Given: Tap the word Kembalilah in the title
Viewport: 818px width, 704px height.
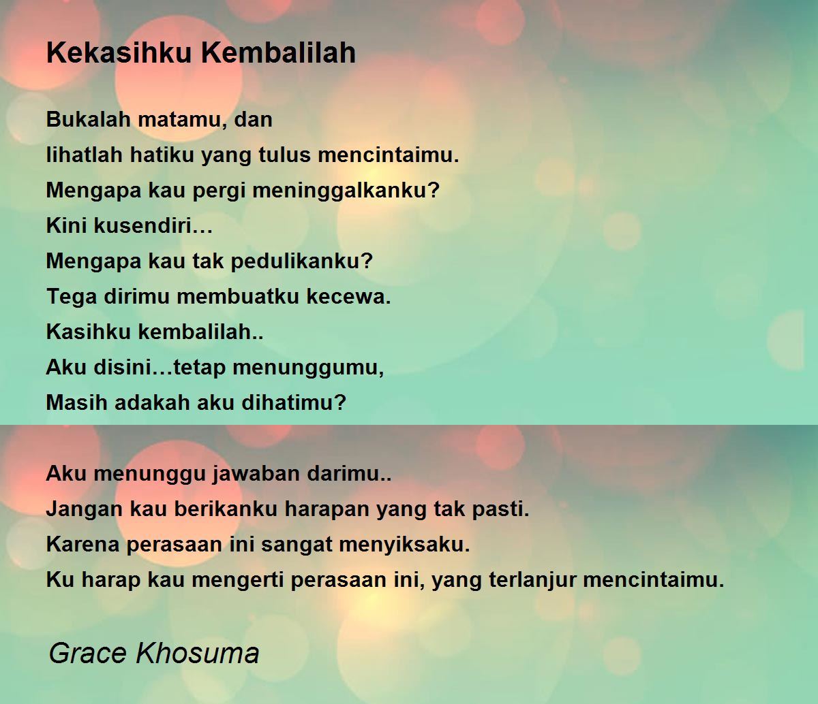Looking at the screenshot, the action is tap(279, 52).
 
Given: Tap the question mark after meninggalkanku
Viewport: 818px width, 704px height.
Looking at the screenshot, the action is tap(434, 190).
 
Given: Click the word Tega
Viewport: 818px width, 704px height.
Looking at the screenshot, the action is tap(72, 297).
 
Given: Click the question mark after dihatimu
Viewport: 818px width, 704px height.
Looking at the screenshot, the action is tap(340, 402).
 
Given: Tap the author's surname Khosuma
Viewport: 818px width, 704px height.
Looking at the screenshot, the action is tap(198, 653).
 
